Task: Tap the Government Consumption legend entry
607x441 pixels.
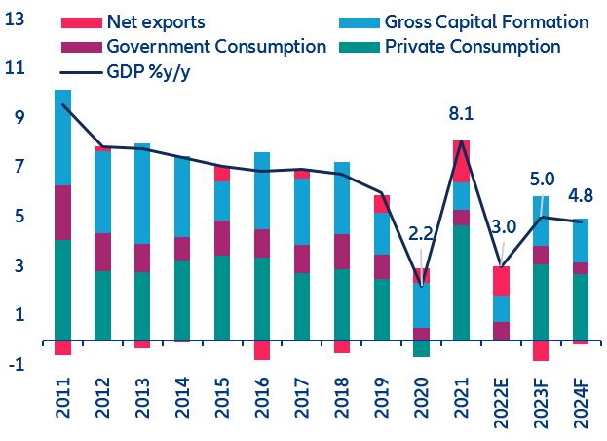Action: [x=216, y=46]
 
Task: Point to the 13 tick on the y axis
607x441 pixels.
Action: [x=16, y=18]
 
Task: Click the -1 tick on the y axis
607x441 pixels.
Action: [x=16, y=364]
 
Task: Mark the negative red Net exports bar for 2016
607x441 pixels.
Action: [x=262, y=350]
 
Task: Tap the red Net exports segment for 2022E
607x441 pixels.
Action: [x=501, y=280]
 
